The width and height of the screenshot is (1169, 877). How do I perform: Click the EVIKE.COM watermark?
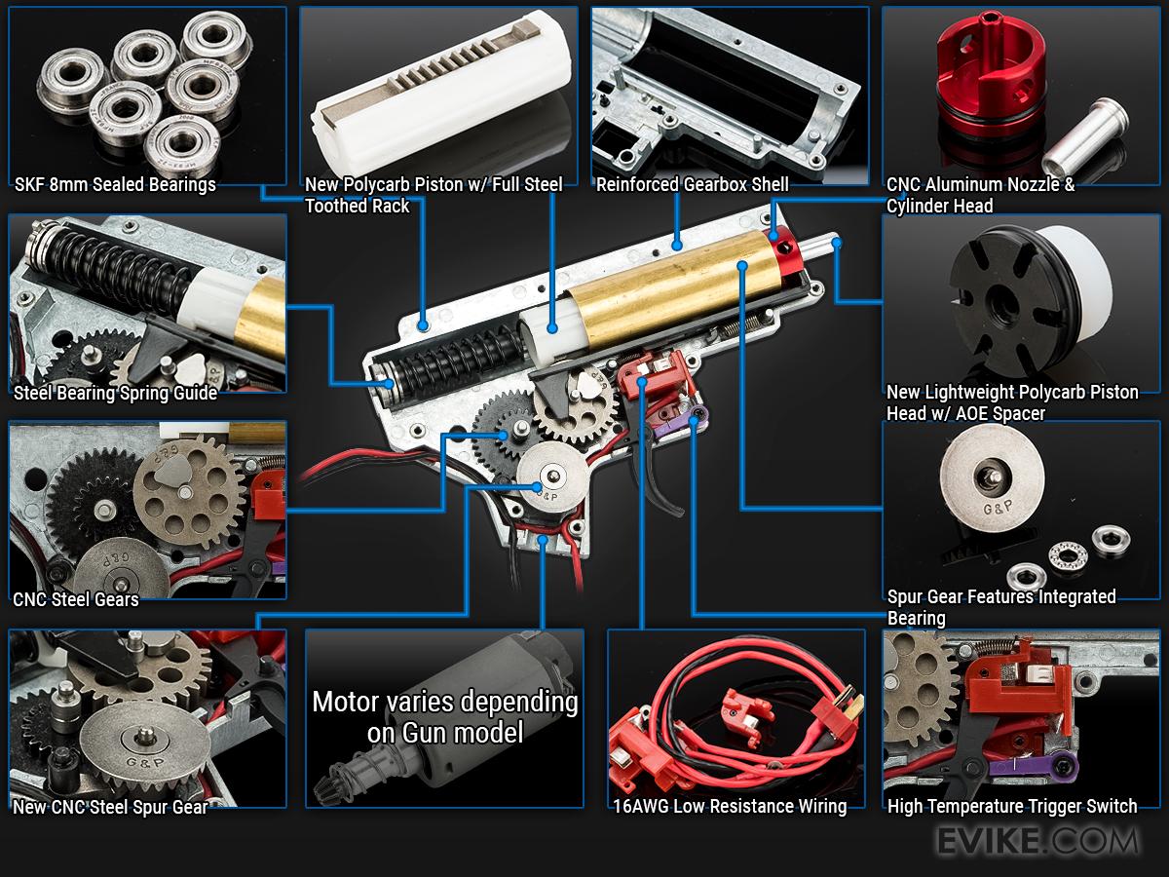(1038, 841)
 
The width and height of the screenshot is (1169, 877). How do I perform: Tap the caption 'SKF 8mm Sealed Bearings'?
(115, 184)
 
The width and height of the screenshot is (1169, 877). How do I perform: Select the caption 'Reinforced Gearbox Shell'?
(692, 184)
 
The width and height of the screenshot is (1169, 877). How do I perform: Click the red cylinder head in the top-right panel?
(991, 69)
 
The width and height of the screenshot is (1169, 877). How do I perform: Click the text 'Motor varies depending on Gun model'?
(444, 717)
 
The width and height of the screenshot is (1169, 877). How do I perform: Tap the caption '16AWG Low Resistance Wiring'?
(730, 806)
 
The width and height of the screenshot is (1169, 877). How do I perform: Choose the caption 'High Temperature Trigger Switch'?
(1012, 806)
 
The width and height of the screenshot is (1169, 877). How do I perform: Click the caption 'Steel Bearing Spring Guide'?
(115, 393)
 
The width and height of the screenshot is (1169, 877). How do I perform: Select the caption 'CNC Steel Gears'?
(76, 599)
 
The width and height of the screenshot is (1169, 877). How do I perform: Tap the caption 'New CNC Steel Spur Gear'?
(110, 807)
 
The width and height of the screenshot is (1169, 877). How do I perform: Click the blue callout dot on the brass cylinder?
(742, 265)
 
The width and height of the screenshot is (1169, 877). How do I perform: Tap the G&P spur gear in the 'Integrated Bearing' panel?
(992, 478)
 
